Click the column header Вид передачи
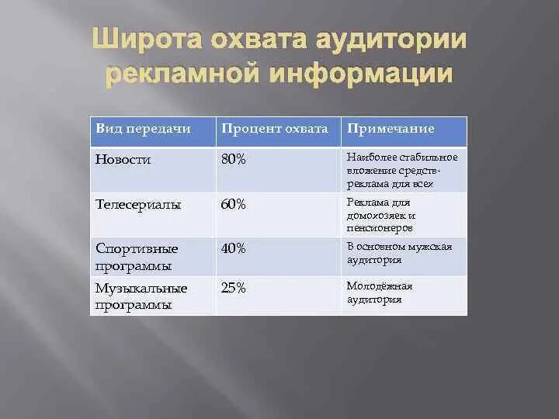143,129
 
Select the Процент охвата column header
275,129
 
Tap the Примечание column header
390,129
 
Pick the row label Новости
123,159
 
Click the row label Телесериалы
138,205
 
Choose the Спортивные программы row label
137,257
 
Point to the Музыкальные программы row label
141,296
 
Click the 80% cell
233,159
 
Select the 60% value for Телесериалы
233,205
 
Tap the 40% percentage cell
233,248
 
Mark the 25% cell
233,288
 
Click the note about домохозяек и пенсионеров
381,215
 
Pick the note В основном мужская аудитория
398,253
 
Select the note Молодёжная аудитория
379,293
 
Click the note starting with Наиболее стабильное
401,171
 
